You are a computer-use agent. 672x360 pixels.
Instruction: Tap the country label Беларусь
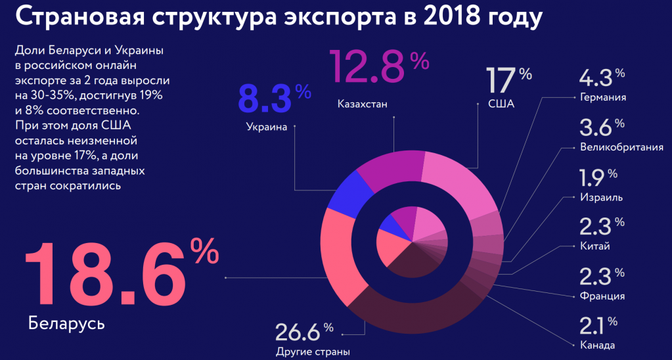[66, 324]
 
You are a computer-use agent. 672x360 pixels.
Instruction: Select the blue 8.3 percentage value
[265, 98]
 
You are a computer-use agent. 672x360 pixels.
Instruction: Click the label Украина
[267, 127]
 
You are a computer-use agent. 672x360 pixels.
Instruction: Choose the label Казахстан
[363, 104]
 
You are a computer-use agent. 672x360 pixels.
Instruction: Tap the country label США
[501, 104]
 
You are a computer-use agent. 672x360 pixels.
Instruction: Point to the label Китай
[594, 246]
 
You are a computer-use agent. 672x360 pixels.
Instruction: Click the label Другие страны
[313, 351]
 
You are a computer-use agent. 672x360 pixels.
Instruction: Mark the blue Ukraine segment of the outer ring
[344, 192]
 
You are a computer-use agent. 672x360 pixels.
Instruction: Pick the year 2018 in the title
[436, 18]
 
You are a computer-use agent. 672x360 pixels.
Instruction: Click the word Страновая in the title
[79, 18]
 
